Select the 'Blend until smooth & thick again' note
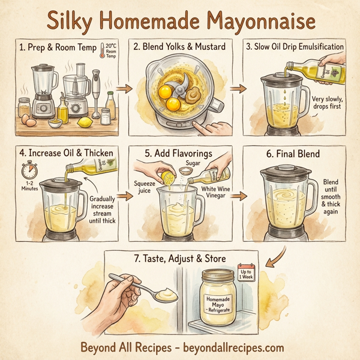[330, 199]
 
